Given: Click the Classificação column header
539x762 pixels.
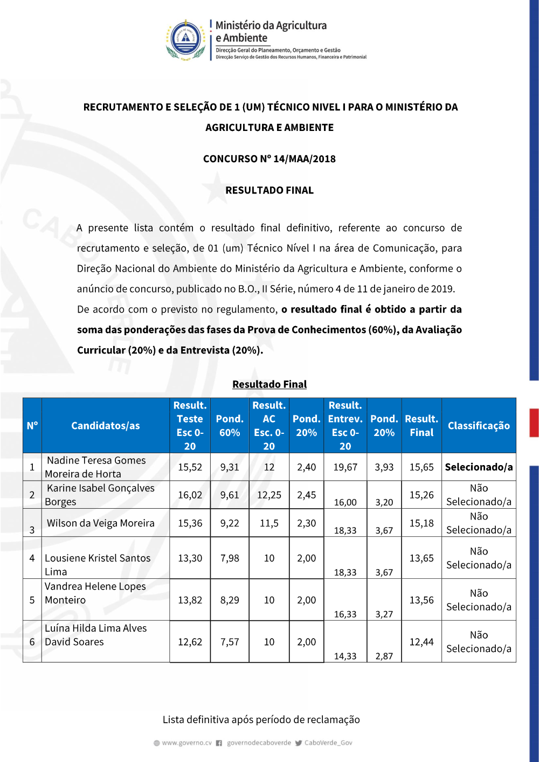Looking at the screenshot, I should (479, 426).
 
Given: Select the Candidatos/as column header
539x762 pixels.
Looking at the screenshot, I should (106, 426).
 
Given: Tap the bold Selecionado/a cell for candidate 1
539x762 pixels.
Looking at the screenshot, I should (479, 467).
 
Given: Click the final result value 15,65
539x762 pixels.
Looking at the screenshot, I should (421, 467).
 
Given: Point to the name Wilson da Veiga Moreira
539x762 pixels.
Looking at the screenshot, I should (101, 523).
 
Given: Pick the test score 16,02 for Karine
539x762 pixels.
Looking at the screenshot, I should (190, 495).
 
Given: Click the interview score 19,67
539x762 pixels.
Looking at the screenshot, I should (345, 467).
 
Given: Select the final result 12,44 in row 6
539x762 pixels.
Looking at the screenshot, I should (421, 642).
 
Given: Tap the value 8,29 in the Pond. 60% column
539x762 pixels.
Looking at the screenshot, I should (230, 600).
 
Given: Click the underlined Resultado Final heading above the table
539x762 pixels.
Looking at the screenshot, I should (269, 384).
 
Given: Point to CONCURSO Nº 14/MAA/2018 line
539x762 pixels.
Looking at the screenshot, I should (269, 159).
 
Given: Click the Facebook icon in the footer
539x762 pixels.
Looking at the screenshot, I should (219, 743).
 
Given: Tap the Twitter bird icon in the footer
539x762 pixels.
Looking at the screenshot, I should (299, 743).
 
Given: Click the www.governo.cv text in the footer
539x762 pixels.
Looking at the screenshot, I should (186, 743).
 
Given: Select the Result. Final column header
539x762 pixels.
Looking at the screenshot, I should (421, 426).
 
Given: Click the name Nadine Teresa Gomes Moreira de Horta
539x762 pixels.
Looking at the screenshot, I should (96, 467).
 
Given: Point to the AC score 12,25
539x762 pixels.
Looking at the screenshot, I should (269, 495).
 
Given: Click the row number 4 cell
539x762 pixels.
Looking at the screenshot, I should (32, 558).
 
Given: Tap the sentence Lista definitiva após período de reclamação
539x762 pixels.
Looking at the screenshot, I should (261, 720).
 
